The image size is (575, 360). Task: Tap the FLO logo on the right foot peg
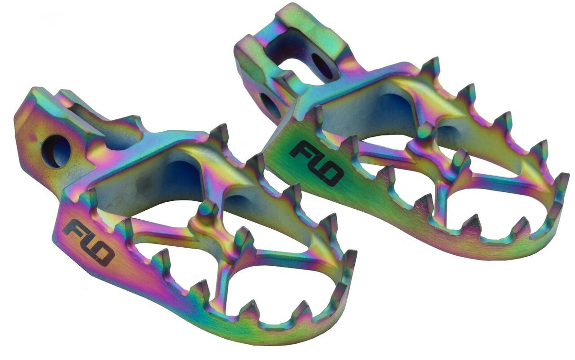click(315, 162)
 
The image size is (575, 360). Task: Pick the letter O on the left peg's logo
click(103, 255)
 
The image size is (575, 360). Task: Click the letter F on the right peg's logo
click(299, 151)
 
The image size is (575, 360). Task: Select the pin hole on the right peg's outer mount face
click(270, 105)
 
